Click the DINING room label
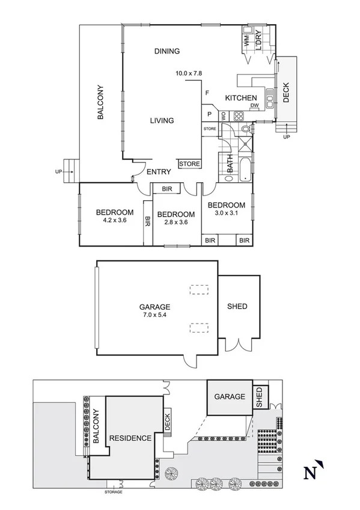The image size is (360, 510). tap(166, 51)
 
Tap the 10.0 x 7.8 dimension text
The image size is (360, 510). tap(188, 73)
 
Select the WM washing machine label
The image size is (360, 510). tap(246, 41)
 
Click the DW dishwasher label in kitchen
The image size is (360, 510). tap(255, 105)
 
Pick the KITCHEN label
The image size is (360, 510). tap(241, 98)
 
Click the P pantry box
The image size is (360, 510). tap(210, 114)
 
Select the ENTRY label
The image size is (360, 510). tap(159, 172)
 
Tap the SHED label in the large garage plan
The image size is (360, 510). tap(237, 307)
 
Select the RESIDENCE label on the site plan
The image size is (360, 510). tap(130, 438)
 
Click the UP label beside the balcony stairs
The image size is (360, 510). tap(58, 172)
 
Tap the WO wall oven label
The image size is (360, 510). tap(224, 116)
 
